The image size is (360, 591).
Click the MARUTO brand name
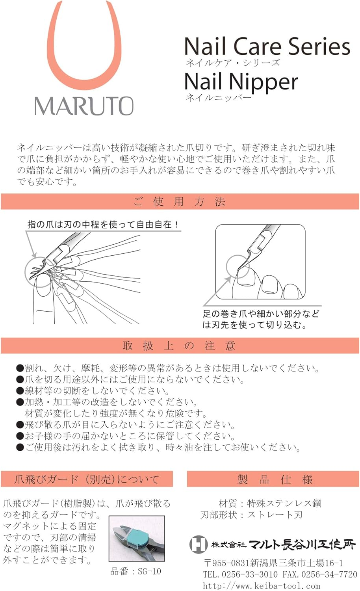[x=84, y=106]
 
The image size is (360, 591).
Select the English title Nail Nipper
[x=241, y=82]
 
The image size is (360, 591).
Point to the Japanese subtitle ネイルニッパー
[x=218, y=98]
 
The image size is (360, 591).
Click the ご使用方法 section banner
[x=180, y=202]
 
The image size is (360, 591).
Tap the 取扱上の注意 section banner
[x=180, y=346]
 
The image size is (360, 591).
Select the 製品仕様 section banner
[x=273, y=479]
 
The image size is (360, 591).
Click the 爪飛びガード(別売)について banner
[x=87, y=479]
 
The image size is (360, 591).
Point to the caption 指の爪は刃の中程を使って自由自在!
[x=103, y=225]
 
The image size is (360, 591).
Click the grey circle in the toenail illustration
[x=227, y=267]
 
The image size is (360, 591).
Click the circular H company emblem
[x=199, y=544]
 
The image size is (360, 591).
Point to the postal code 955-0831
[x=231, y=563]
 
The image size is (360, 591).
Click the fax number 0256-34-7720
[x=330, y=574]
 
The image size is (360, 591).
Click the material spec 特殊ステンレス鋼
[x=284, y=504]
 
